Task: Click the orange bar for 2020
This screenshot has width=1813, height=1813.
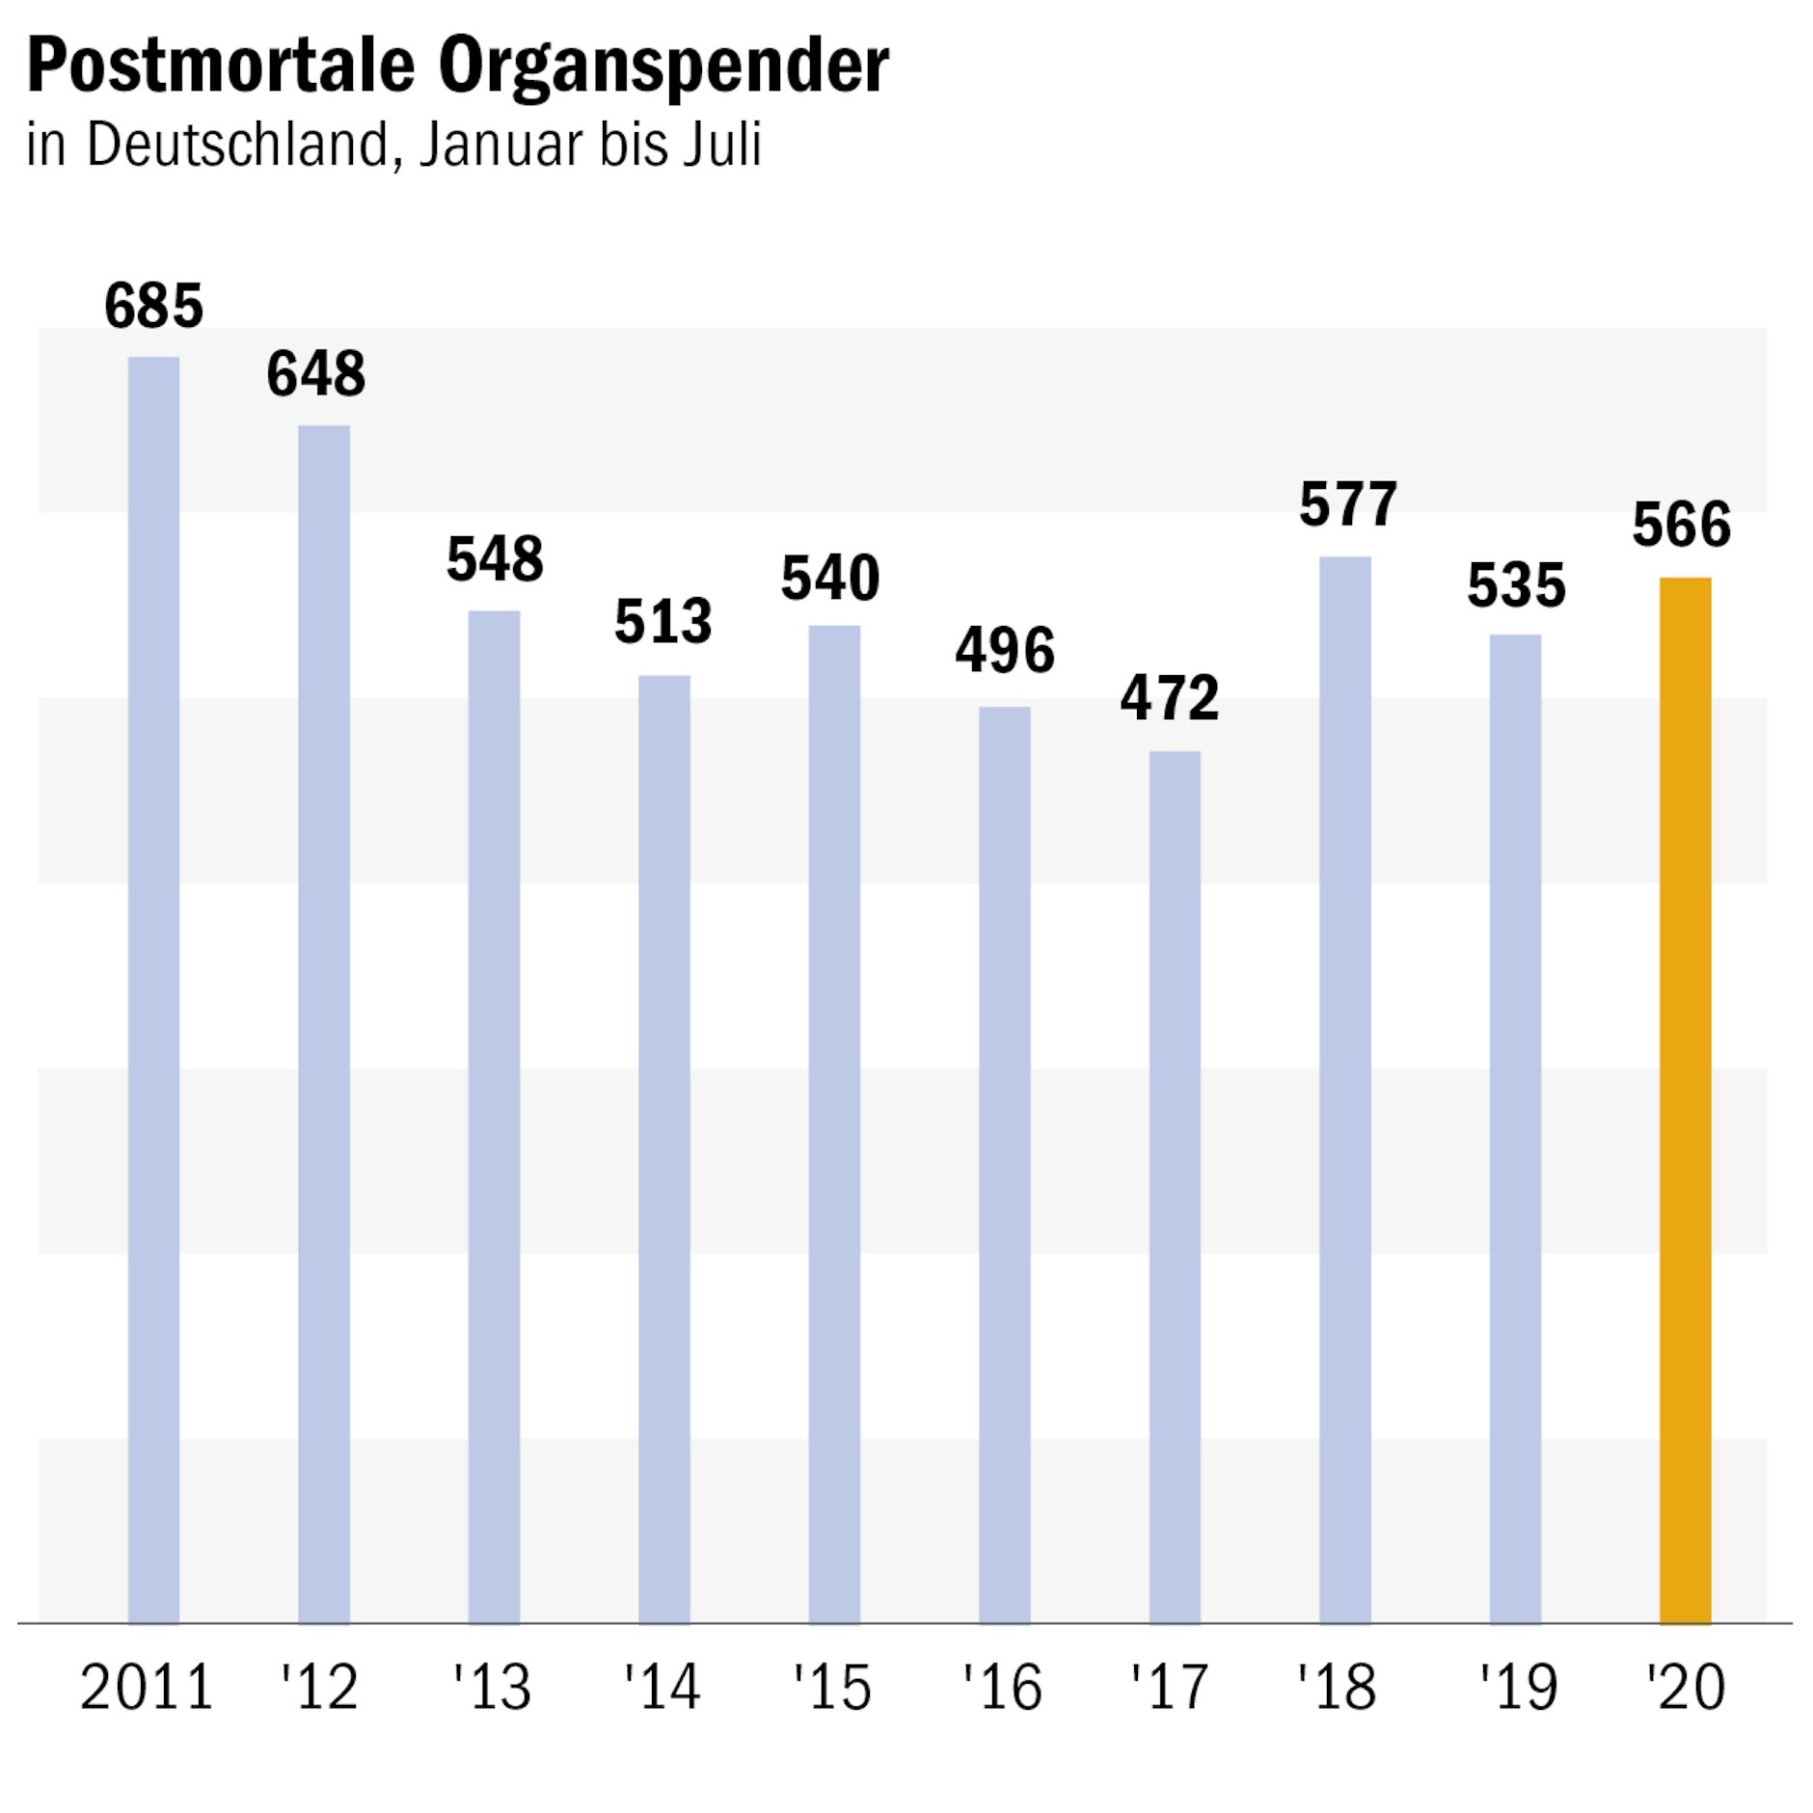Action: [1684, 1099]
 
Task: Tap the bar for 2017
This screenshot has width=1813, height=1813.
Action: [1174, 1186]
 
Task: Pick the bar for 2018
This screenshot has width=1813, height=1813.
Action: [1344, 1090]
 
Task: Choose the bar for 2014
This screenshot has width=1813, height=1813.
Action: [663, 1148]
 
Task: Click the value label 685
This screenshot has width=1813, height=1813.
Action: [153, 306]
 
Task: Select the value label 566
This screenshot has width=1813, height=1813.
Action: [1681, 525]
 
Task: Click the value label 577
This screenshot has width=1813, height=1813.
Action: [1347, 503]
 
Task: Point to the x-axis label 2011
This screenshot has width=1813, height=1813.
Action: [147, 1688]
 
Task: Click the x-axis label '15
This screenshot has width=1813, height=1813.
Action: [832, 1688]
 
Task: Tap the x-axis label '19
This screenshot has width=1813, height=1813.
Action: [1519, 1688]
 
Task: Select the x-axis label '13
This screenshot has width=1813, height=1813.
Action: [493, 1688]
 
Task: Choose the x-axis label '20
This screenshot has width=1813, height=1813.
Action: [1686, 1688]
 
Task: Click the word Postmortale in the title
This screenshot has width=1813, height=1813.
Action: [220, 66]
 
